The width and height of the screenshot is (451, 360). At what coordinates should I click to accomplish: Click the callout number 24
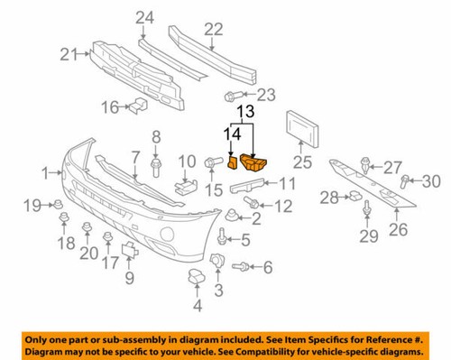(145, 16)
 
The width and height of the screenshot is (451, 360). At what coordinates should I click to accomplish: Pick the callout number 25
(301, 162)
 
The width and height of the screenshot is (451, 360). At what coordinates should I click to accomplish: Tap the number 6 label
(267, 267)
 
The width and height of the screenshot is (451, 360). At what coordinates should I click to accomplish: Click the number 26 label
(397, 229)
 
